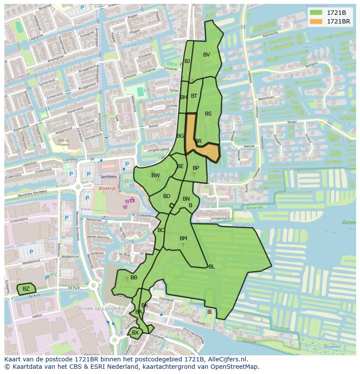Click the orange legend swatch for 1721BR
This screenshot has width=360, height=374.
point(316,21)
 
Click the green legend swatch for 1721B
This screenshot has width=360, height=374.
point(316,13)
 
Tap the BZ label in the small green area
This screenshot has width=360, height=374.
point(26,289)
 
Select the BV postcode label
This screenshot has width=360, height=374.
point(207,55)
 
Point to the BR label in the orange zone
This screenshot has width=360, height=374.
point(198,141)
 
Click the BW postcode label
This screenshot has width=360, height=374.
point(155,175)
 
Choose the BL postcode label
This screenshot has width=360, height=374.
point(212,267)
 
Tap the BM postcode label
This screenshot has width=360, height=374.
point(183,238)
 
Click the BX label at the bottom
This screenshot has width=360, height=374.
point(135,333)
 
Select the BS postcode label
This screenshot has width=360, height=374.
point(208,114)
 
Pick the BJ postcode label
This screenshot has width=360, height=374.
point(187,61)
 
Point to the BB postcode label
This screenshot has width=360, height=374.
point(134,278)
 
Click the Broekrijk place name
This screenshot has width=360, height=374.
point(107,189)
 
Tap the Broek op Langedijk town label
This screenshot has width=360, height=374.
point(102,308)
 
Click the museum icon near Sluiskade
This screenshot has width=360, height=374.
point(210,311)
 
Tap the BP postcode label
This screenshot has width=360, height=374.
point(196,168)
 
